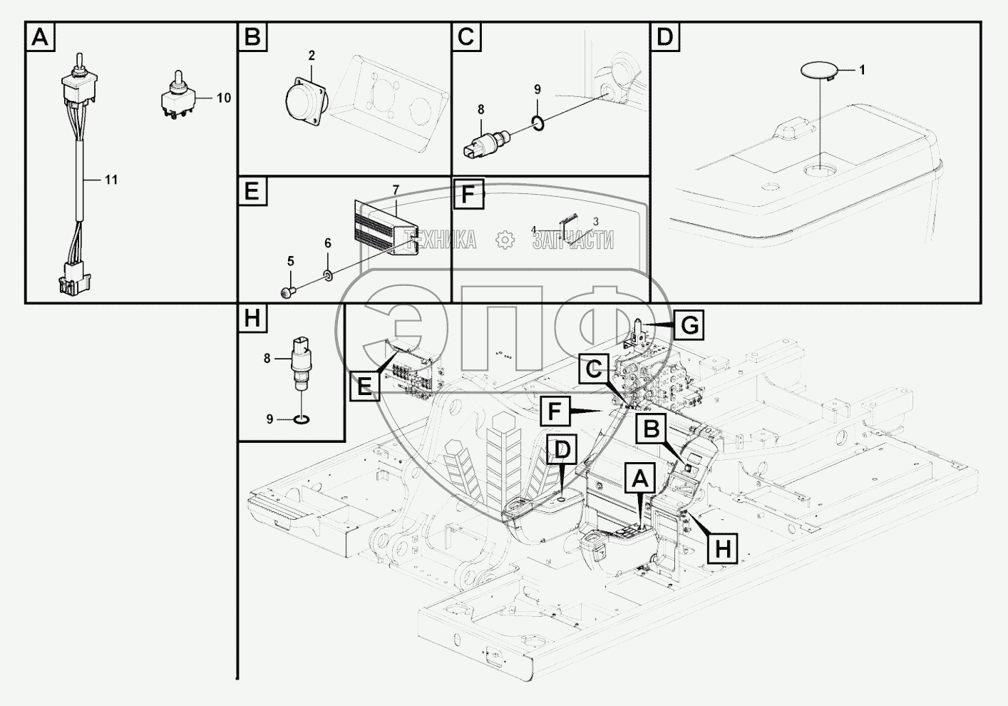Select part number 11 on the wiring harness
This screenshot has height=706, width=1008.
pos(110,180)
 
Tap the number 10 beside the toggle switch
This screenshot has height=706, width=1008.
pos(223,98)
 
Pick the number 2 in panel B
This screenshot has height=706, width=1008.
pos(312,56)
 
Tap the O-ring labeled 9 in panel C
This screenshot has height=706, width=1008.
pos(540,125)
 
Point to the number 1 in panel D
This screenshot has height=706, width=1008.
pos(862,70)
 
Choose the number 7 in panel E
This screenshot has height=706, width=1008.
pos(396,190)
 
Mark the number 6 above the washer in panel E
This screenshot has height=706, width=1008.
pos(328,243)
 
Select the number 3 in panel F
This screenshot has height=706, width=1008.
pos(595,221)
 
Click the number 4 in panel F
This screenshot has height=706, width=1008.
pos(533,230)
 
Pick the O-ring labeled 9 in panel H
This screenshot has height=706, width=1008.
pos(302,419)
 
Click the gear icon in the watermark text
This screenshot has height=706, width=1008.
pos(505,240)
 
